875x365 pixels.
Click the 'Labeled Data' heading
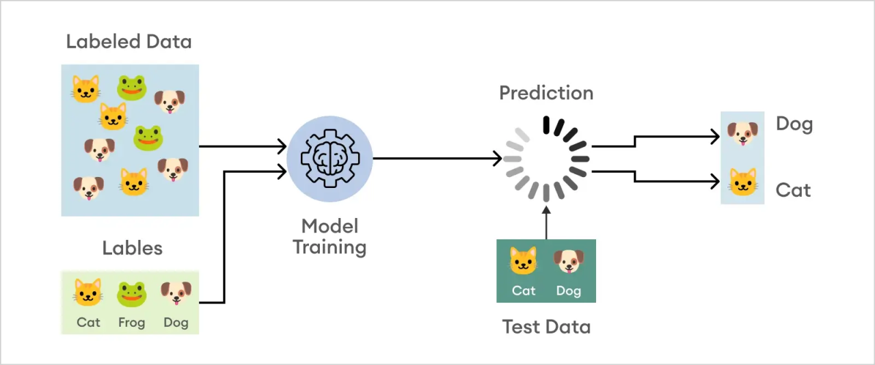point(129,42)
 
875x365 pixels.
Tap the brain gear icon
point(329,158)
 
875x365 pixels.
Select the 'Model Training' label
point(329,236)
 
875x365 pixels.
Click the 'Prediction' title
point(546,93)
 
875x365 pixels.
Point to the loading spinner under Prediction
point(546,159)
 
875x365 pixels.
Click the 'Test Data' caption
point(546,327)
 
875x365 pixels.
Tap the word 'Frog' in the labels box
point(131,323)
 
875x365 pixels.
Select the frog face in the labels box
point(131,293)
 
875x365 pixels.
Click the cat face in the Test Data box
point(524,261)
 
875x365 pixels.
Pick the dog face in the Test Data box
point(568,261)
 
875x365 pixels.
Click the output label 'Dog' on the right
point(794,124)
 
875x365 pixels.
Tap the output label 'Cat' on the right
point(793,190)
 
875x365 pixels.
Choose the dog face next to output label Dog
point(742,133)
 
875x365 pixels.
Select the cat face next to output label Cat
point(742,182)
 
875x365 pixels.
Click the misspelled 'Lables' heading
point(132,248)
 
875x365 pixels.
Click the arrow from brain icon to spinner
point(437,159)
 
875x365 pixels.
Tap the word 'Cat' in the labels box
point(88,323)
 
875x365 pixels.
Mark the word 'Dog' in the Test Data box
point(568,291)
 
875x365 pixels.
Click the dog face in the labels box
point(176,293)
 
